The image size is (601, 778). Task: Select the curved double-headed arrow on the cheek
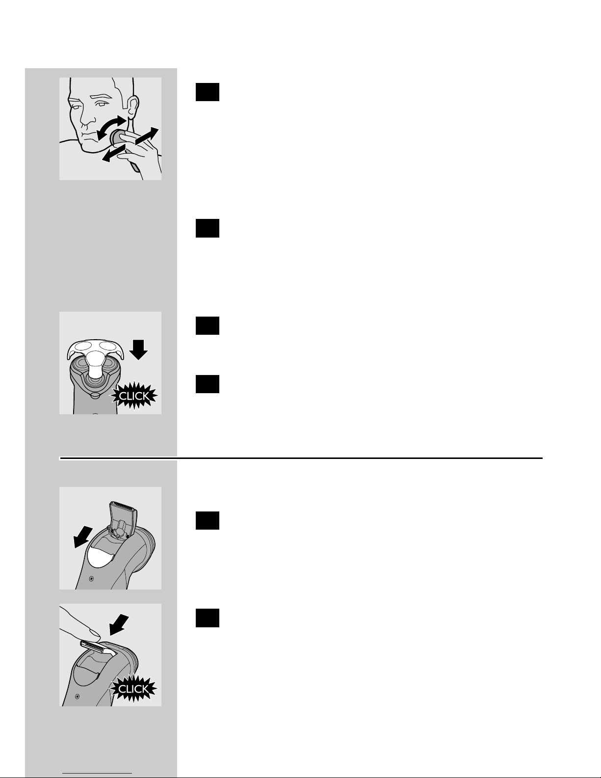point(112,127)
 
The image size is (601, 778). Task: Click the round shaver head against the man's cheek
point(117,137)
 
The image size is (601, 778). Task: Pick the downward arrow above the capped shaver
point(138,349)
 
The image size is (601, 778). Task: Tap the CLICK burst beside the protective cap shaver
point(134,396)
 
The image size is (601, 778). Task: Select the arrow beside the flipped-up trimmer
point(82,537)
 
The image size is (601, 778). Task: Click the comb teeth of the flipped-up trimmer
point(123,506)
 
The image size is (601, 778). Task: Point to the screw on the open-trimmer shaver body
point(91,579)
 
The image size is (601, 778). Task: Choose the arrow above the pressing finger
point(119,624)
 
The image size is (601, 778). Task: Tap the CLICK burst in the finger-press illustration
point(133,689)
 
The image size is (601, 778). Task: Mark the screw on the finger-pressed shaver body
point(78,696)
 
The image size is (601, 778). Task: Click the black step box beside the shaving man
point(208,92)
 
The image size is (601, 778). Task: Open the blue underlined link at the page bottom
point(97,774)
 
